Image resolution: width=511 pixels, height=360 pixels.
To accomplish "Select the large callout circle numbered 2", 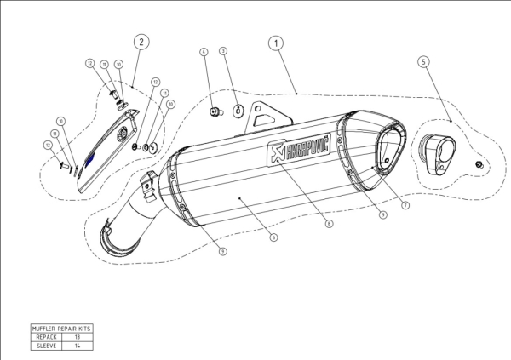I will click(x=141, y=41).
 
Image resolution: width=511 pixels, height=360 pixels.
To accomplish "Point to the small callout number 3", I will click(x=223, y=52).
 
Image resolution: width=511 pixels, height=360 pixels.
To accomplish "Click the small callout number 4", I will click(x=204, y=52).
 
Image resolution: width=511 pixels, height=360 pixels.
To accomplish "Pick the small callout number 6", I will click(x=273, y=238).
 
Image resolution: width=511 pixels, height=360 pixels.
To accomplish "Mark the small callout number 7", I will click(x=405, y=205).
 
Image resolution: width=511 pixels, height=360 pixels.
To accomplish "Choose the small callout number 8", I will click(x=329, y=223).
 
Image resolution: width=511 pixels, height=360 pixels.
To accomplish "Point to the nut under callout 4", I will click(x=214, y=109).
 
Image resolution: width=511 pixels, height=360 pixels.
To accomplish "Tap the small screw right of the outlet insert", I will click(x=479, y=163).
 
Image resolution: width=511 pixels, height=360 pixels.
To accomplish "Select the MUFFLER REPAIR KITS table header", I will click(x=60, y=328).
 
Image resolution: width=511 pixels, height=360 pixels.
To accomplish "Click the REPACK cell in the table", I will click(x=46, y=337).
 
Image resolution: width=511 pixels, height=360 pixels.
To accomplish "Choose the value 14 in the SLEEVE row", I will click(x=77, y=346).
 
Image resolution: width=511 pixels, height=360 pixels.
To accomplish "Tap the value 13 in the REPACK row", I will click(x=77, y=337).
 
